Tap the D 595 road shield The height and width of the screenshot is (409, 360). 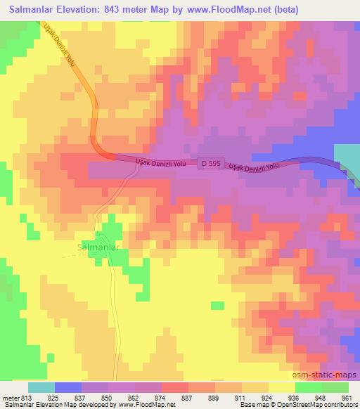pos(208,162)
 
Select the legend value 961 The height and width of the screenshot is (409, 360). pos(347,397)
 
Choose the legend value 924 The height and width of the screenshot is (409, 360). pos(267,397)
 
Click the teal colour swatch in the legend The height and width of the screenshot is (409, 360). pos(41,387)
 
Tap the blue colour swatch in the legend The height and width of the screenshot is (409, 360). pos(68,387)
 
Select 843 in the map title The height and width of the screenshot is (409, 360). pos(125,10)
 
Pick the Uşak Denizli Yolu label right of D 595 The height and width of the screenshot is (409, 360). pos(254,166)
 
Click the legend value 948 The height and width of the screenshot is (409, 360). pos(320,397)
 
